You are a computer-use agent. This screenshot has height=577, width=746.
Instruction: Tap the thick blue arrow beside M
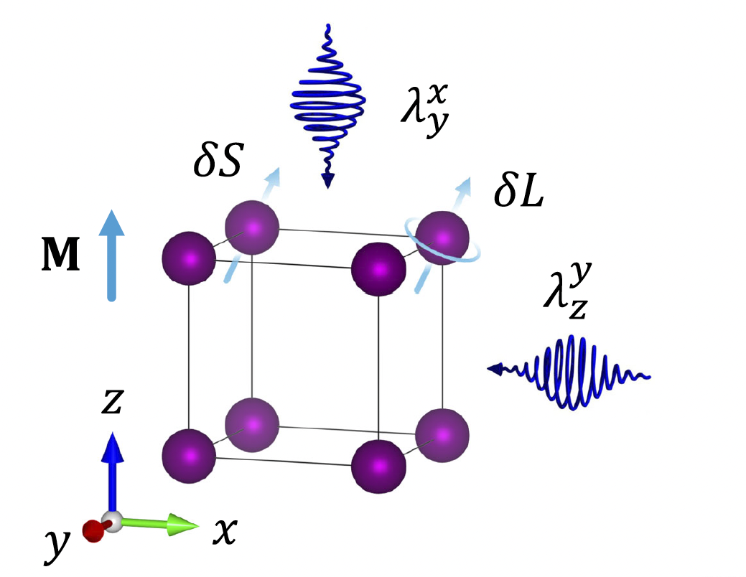tap(111, 255)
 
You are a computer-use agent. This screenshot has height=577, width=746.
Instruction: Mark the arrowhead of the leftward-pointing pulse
tap(495, 370)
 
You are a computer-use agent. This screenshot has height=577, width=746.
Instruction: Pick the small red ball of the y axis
tap(93, 530)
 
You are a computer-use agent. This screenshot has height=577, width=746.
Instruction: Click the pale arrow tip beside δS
tap(274, 175)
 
